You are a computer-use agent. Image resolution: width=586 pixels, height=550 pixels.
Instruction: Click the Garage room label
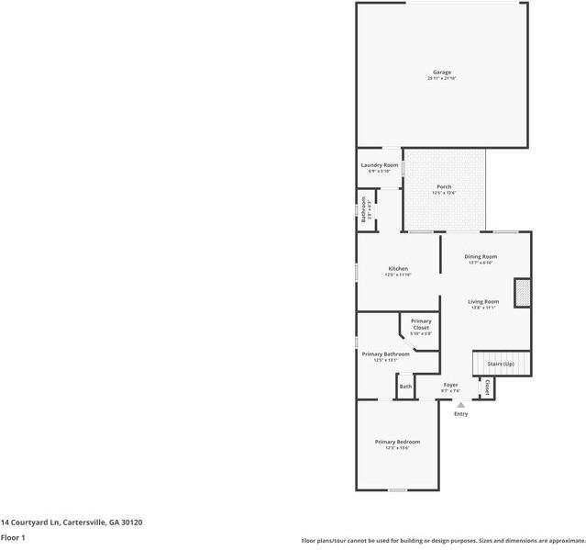pos(442,72)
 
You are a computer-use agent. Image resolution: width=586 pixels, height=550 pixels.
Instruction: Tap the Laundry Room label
pos(379,164)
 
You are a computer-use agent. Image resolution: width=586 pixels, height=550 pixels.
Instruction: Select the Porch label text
pos(444,186)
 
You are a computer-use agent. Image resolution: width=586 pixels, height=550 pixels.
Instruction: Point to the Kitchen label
pos(398,268)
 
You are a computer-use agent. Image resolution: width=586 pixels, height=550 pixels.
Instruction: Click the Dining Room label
pos(481,256)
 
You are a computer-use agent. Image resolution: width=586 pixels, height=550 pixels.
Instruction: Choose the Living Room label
pos(483,301)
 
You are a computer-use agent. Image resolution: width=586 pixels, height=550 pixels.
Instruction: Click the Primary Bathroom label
pos(385,354)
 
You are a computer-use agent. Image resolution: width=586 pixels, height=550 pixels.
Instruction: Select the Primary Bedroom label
pos(397,442)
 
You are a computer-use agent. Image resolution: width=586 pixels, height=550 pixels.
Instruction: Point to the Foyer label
pos(450,385)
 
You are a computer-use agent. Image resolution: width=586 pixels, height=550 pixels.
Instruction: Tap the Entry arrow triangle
pos(461,404)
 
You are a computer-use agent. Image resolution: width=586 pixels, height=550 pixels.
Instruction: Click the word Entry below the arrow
pos(461,414)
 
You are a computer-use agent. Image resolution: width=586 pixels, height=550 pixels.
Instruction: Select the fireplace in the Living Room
pos(523,292)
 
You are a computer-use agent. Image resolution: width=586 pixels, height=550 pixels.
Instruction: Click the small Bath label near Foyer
pos(405,387)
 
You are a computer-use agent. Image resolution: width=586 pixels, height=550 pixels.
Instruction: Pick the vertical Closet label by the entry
pos(487,387)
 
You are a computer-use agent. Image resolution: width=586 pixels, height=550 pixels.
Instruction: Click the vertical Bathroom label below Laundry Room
pos(364,210)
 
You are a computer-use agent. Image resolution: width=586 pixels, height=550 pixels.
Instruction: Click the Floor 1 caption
pos(13,537)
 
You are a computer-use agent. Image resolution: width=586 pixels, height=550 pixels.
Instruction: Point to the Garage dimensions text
pos(442,79)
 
